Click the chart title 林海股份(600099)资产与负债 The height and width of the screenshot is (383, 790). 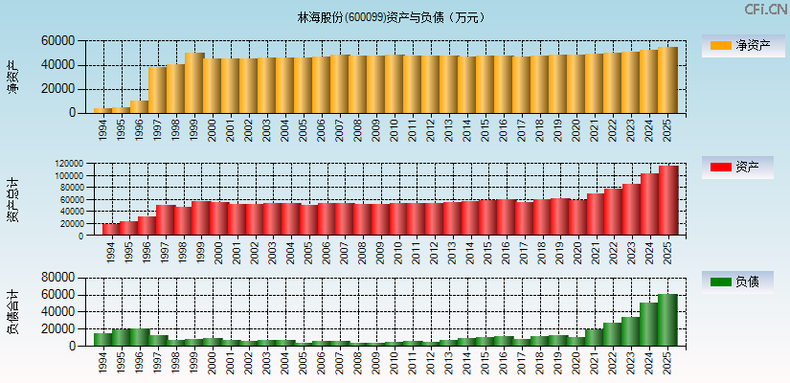[x=394, y=17]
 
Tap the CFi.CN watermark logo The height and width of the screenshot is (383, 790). [x=766, y=10]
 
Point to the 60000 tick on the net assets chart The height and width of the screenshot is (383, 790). [x=57, y=41]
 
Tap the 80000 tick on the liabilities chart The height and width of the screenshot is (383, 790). [x=57, y=277]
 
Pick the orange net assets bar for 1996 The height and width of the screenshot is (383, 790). [x=139, y=106]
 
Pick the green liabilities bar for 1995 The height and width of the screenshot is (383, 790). [x=121, y=337]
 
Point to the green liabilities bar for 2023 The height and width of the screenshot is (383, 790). [x=630, y=331]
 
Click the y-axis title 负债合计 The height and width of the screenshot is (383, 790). [x=13, y=311]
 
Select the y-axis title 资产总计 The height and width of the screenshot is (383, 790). [x=13, y=199]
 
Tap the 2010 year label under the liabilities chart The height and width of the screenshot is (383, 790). [x=395, y=363]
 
